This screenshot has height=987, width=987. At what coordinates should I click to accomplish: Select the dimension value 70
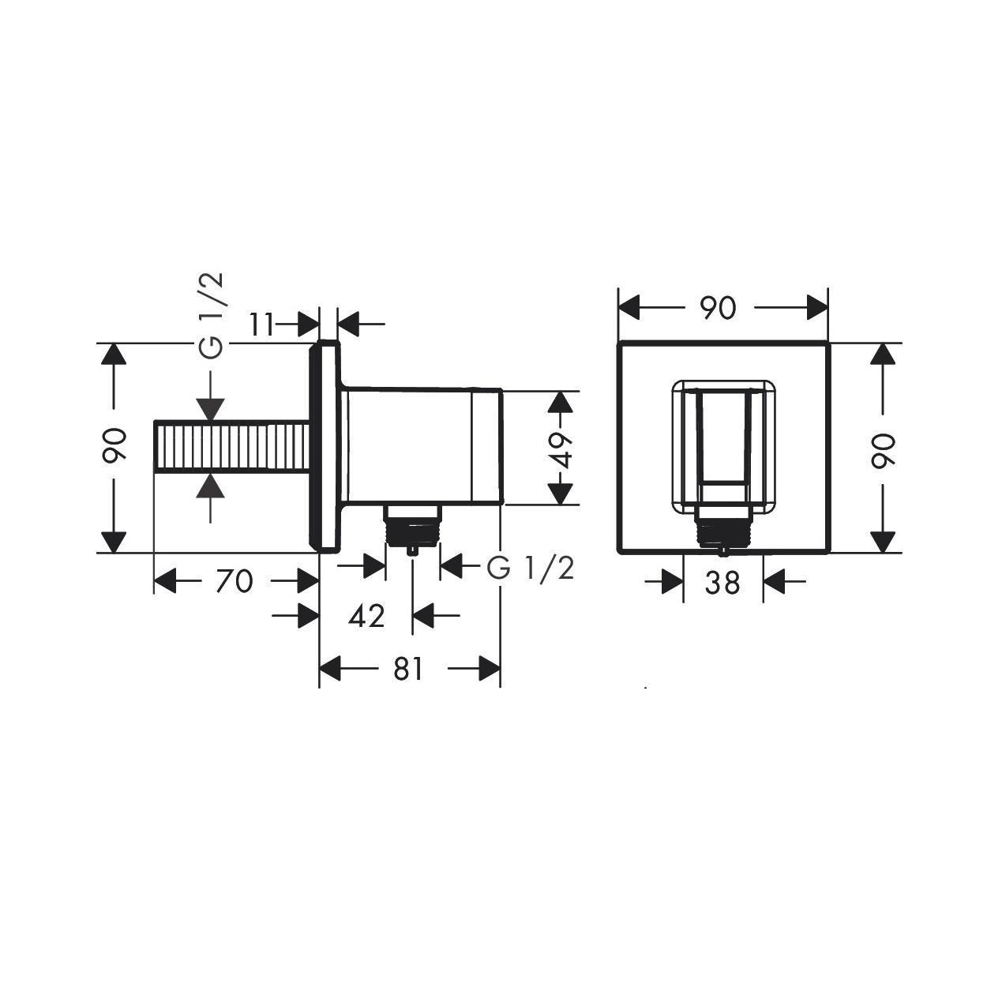pyautogui.click(x=235, y=582)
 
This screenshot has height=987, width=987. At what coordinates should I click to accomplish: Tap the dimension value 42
pyautogui.click(x=366, y=615)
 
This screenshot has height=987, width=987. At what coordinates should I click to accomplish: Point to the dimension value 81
pyautogui.click(x=408, y=670)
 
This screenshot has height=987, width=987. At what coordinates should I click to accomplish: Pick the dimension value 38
pyautogui.click(x=722, y=583)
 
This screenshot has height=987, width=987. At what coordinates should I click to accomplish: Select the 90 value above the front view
pyautogui.click(x=718, y=308)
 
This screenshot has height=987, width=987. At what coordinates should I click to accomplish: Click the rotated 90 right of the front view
pyautogui.click(x=883, y=449)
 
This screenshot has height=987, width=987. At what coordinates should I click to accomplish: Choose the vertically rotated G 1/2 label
pyautogui.click(x=212, y=316)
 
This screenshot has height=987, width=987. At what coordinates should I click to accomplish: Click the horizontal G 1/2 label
pyautogui.click(x=530, y=567)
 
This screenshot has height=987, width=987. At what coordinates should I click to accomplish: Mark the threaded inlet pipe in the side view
pyautogui.click(x=231, y=447)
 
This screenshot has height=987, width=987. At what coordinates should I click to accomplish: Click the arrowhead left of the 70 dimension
pyautogui.click(x=165, y=582)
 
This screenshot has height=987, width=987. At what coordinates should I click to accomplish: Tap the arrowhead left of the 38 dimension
pyautogui.click(x=672, y=583)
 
